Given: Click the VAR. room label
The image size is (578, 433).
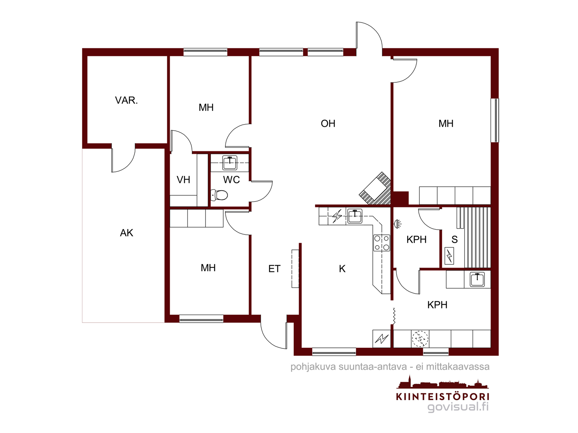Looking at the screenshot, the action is tap(126, 100).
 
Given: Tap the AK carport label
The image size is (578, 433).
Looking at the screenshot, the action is tap(127, 233).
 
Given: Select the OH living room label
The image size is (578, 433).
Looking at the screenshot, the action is tap(328, 124).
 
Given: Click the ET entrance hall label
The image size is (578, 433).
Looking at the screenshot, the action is tap(275, 269).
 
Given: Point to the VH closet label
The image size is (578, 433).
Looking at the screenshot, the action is tap(183, 180).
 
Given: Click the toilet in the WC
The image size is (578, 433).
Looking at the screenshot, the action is tap(219, 195).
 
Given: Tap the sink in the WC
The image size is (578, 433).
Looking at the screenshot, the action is tap(230, 163).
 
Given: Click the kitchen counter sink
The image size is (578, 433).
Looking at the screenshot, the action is tap(355, 216).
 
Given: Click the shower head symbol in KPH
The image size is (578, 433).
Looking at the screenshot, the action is tap(397, 224).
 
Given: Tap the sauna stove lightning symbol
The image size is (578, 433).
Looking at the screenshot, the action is tap(449, 256).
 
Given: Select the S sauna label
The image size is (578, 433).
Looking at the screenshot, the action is tap(454, 239).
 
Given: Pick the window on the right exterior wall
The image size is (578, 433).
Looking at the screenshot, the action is tap(495, 120).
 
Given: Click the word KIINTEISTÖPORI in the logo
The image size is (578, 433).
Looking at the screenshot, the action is tap(443, 397).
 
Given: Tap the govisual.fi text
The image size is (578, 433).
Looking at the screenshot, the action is tap(458, 407).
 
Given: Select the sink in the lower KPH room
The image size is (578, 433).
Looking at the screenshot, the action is tap(478, 280).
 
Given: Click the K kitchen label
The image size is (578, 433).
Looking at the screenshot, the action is tap(342, 269).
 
